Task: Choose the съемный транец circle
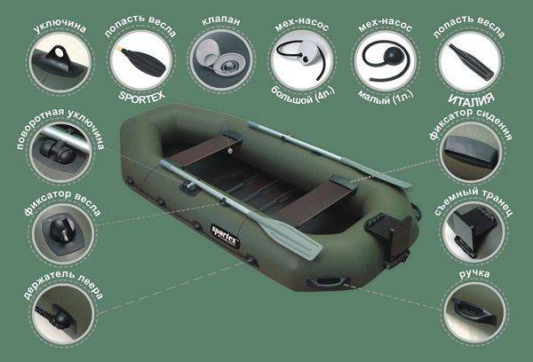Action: (472, 230)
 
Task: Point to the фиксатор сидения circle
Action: (472, 149)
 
